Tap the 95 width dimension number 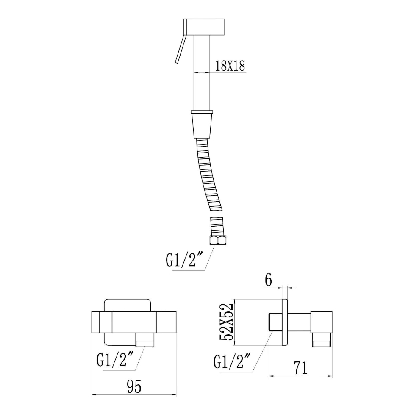(134, 386)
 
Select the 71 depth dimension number (300, 368)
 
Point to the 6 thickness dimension (268, 280)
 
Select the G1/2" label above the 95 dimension (116, 360)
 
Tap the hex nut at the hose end (218, 240)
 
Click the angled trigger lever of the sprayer (181, 49)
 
